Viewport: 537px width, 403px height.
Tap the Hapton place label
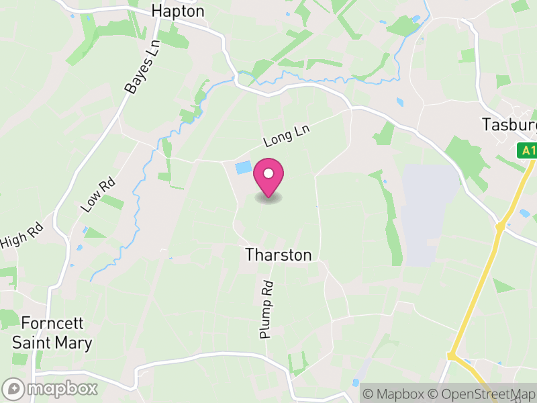177,11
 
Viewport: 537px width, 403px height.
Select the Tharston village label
279,255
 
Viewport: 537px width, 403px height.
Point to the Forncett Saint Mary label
52,332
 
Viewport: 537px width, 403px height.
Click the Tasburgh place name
509,125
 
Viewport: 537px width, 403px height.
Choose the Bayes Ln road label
143,66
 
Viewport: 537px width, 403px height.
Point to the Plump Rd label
266,309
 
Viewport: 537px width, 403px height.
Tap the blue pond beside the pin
242,167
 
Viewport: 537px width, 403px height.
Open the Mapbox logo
51,388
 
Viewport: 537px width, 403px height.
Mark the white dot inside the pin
268,174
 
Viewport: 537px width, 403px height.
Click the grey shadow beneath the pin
268,198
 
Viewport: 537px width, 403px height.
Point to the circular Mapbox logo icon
13,388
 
